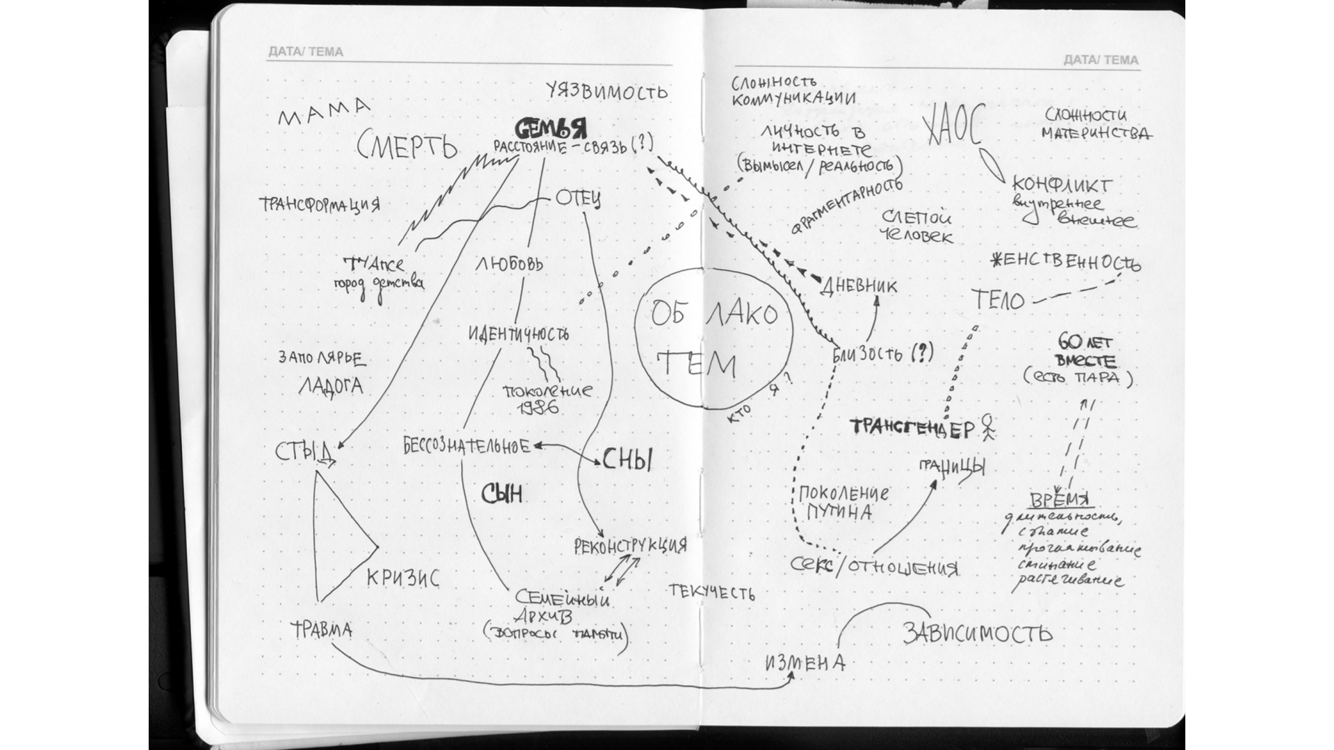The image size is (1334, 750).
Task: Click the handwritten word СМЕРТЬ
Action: pos(407,147)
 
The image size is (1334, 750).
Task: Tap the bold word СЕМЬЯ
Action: pos(550,128)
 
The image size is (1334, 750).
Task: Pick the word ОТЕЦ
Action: pos(577,199)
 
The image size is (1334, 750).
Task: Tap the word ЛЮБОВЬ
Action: pos(509,264)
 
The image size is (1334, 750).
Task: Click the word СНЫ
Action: pos(627,459)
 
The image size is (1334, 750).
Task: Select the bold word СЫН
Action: pos(502,494)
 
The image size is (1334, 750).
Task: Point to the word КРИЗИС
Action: pos(403,577)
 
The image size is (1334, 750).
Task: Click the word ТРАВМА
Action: pos(321,630)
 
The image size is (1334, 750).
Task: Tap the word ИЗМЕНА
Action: pos(805,662)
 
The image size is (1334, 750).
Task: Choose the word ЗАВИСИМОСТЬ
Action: pos(977,633)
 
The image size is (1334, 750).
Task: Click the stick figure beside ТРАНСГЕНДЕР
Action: pos(987,428)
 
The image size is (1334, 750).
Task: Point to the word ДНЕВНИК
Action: pos(859,285)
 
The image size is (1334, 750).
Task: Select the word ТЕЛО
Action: pos(998,300)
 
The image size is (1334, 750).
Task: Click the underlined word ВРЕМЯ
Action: pos(1060,501)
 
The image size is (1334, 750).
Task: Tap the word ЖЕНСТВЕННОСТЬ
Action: pos(1064,262)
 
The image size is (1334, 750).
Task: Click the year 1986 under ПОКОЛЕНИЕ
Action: pos(539,408)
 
